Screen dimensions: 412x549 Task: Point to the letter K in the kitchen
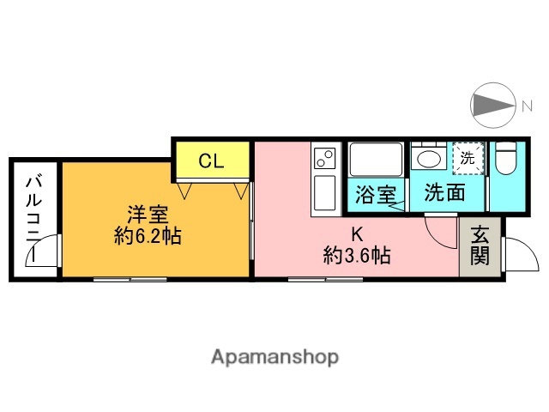click(x=358, y=232)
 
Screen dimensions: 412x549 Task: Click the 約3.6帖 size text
click(x=358, y=254)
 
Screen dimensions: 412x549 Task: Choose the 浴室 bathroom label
click(x=375, y=193)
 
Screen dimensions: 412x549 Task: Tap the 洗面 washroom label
click(x=445, y=193)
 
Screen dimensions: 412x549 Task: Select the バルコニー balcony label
click(x=34, y=215)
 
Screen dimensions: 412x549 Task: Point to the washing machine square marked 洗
click(x=468, y=158)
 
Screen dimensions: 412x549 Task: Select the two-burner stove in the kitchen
click(x=325, y=159)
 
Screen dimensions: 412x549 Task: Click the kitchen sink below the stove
click(x=325, y=193)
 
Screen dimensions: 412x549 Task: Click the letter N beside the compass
click(x=526, y=106)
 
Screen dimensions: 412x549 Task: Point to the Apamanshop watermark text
click(x=275, y=356)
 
